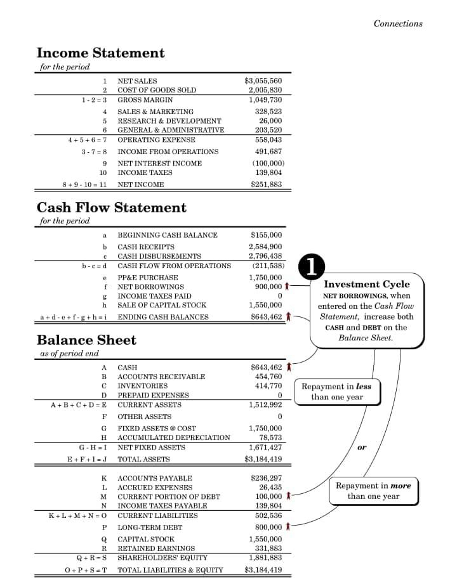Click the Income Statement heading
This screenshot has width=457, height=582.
coord(100,53)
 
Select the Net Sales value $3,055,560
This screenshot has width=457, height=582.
coord(263,81)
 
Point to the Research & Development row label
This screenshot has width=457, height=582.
coord(169,120)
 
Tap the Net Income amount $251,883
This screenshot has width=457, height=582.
coord(267,184)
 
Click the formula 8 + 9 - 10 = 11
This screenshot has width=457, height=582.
coord(84,184)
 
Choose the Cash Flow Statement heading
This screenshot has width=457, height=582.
coord(112,207)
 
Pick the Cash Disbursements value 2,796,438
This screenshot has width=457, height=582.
coord(265,256)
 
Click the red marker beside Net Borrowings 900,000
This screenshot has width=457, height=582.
coord(288,287)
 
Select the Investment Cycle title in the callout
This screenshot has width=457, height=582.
coord(367,284)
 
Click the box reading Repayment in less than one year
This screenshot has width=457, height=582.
coord(336,392)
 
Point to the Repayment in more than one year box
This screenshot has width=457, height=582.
coord(373,491)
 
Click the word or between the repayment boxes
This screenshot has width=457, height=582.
coord(362,447)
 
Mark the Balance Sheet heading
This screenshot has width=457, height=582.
coord(86,340)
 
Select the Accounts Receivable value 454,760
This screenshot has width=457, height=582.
coord(268,377)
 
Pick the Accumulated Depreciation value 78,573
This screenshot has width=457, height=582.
coord(270,437)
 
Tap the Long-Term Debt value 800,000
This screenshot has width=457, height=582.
coord(268,527)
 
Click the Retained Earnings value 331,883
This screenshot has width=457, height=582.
coord(268,548)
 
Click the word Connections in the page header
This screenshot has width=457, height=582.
coord(398,23)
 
